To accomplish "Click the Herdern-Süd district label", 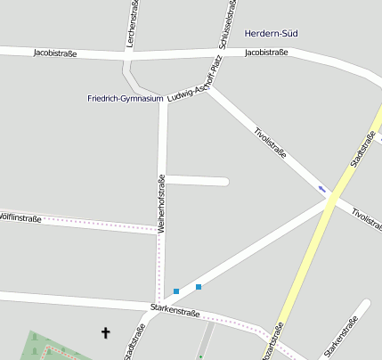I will coord(271,33).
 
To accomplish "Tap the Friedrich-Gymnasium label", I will coord(126,98).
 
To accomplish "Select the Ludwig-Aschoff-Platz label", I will coord(193,79).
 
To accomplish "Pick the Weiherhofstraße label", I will coord(161,203).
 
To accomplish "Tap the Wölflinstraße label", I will coord(20,217).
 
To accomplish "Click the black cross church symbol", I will coord(106,333).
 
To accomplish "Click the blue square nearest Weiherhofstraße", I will coord(176,291).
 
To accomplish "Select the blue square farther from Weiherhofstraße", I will coord(199,287).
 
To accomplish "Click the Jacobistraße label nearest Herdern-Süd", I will coord(265,53).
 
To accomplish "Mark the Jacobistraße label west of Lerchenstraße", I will coord(55,53).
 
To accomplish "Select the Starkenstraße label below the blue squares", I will coord(175,310).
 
